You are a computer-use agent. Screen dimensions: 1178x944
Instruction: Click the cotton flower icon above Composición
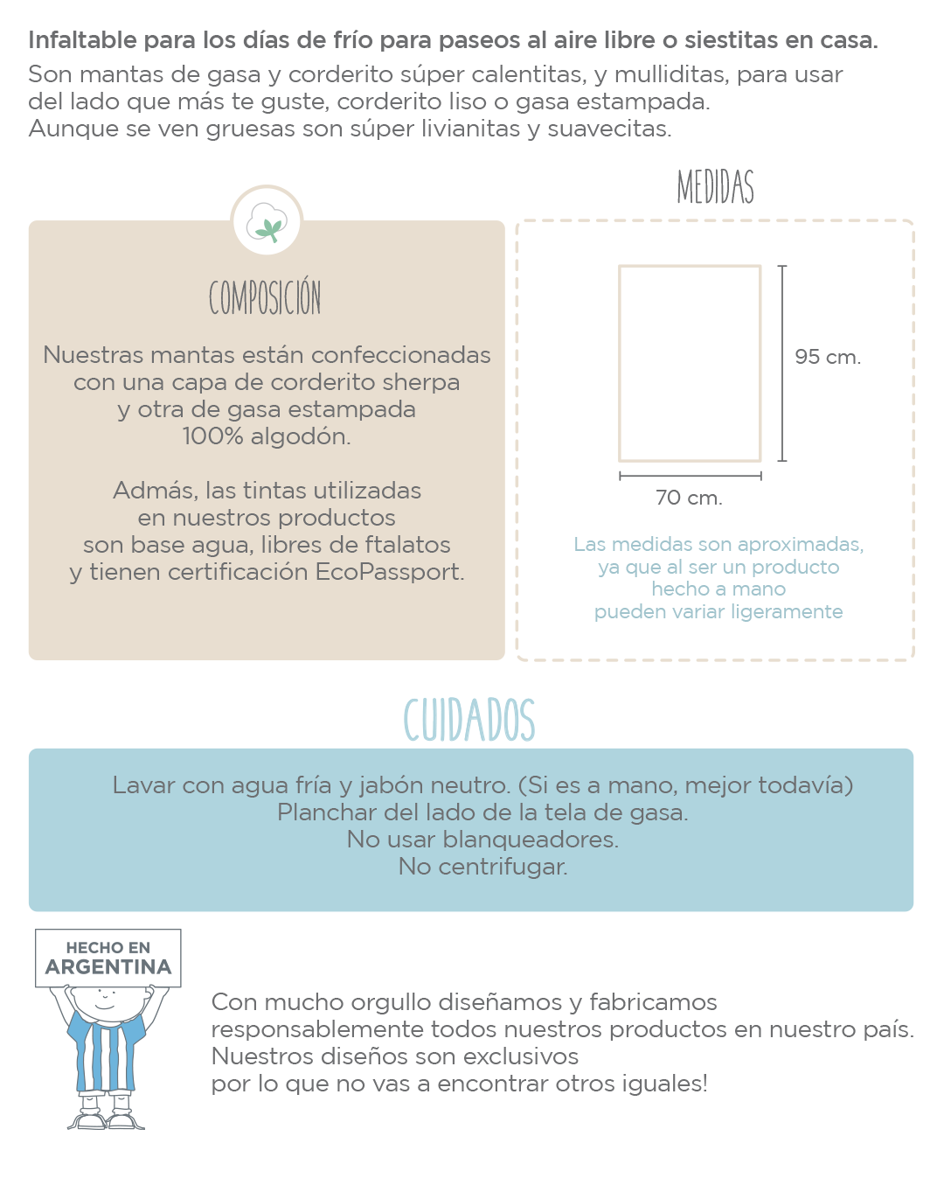(x=267, y=222)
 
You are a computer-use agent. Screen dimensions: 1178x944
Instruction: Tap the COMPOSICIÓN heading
(x=265, y=298)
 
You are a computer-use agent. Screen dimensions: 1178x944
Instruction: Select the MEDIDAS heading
(x=715, y=187)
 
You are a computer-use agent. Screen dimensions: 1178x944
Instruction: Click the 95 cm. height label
(x=827, y=357)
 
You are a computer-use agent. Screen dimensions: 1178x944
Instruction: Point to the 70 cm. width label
(x=689, y=498)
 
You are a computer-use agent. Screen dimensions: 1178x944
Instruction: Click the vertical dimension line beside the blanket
(x=782, y=363)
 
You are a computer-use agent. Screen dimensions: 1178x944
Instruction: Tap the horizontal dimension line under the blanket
(x=690, y=476)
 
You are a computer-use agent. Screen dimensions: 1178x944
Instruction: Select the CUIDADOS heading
(x=469, y=720)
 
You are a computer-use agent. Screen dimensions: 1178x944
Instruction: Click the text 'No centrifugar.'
(x=482, y=867)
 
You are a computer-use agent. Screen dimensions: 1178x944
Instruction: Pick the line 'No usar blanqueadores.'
(x=482, y=840)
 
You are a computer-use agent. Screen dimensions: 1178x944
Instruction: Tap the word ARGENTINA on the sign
(x=108, y=967)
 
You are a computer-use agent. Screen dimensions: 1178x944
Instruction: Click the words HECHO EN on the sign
(x=108, y=948)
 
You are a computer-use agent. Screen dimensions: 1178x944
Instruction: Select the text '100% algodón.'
(x=267, y=436)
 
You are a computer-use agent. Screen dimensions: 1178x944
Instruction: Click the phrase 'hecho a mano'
(x=718, y=589)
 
